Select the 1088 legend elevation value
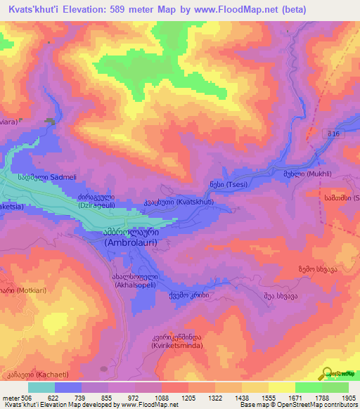[x=147, y=398]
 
